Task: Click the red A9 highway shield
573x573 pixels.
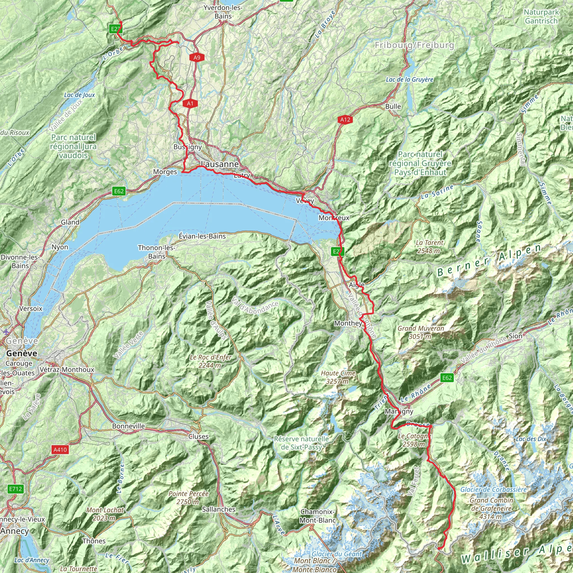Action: point(197,58)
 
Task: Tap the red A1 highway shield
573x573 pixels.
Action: point(190,104)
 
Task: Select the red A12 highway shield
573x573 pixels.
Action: point(345,120)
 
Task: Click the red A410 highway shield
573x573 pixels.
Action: point(60,450)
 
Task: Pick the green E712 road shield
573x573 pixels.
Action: point(15,489)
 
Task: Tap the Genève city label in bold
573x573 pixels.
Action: point(22,354)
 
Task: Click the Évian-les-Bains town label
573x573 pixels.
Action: point(202,236)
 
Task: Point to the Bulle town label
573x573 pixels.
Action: point(393,107)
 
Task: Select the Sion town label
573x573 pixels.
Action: point(515,336)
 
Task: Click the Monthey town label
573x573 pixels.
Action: point(348,323)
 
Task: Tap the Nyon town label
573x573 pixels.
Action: point(60,247)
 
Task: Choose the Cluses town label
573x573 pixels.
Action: point(198,436)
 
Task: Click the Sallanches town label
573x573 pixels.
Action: point(219,509)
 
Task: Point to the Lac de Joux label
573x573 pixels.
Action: point(79,95)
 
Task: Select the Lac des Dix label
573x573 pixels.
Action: point(531,439)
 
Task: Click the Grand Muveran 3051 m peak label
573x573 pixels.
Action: point(421,332)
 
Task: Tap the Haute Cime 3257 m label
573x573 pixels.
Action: point(338,377)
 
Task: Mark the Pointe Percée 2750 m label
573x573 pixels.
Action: point(188,498)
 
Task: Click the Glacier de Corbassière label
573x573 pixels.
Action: point(494,490)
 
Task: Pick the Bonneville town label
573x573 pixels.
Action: point(128,426)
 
